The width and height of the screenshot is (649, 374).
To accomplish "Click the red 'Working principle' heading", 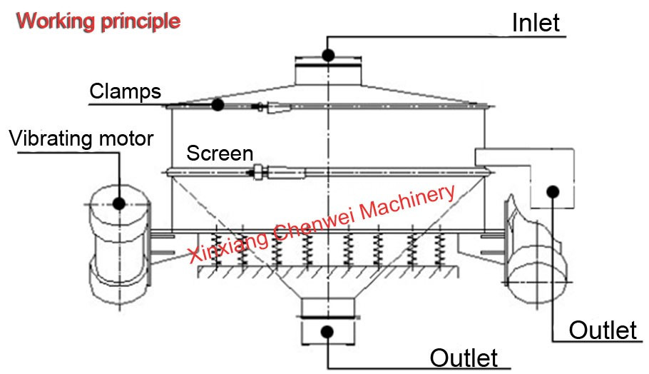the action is pyautogui.click(x=98, y=21).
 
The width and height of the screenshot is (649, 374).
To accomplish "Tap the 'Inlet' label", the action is pyautogui.click(x=536, y=22).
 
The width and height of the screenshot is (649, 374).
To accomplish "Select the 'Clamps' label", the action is pyautogui.click(x=125, y=91).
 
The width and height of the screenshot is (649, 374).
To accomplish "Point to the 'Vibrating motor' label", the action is pyautogui.click(x=81, y=138).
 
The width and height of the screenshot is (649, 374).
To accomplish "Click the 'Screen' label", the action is pyautogui.click(x=220, y=153).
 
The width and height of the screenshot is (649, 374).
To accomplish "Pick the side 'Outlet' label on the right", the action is pyautogui.click(x=603, y=330).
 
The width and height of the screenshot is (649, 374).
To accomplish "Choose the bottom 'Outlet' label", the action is pyautogui.click(x=464, y=358).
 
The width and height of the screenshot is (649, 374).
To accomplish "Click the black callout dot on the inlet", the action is pyautogui.click(x=328, y=55).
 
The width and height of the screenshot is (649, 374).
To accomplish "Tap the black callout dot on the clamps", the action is pyautogui.click(x=218, y=104).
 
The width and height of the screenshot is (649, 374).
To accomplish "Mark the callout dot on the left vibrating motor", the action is pyautogui.click(x=119, y=203).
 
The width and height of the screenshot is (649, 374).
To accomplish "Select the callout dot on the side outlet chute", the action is pyautogui.click(x=553, y=192).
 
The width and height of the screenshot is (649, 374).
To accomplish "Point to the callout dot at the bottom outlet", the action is pyautogui.click(x=327, y=331).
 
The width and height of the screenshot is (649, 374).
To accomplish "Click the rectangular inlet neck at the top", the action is pyautogui.click(x=328, y=71).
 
